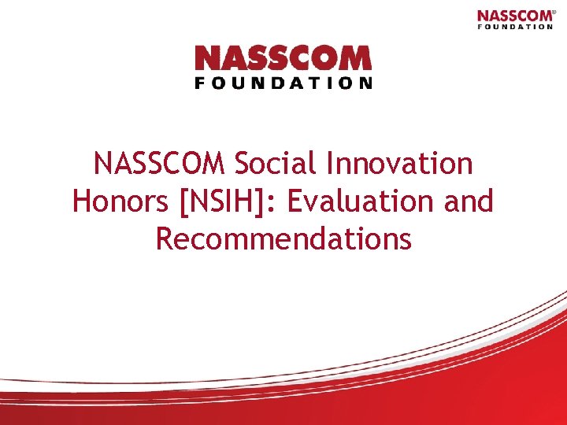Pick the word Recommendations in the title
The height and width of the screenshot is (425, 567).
click(283, 238)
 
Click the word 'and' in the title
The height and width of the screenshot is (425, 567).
click(469, 201)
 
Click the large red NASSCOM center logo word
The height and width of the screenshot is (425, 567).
click(283, 59)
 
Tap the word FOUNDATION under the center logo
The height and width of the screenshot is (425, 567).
click(283, 83)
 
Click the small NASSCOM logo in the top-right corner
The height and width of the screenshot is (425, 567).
click(515, 16)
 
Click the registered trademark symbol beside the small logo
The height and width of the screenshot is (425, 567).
click(555, 11)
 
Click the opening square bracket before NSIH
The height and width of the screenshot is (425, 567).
click(184, 202)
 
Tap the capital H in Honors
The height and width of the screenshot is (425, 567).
click(82, 201)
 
